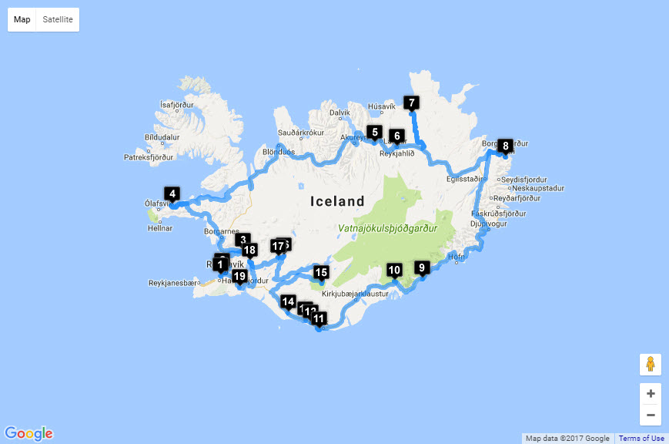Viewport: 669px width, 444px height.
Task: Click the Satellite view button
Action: click(x=58, y=19)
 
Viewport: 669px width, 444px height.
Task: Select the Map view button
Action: click(x=22, y=19)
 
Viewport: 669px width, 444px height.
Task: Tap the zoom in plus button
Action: click(x=651, y=393)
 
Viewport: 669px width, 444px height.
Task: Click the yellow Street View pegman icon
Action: click(x=651, y=364)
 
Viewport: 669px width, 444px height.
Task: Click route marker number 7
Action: click(x=411, y=103)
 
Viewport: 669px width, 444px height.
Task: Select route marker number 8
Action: click(x=505, y=145)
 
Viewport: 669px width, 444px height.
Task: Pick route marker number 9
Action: click(x=421, y=267)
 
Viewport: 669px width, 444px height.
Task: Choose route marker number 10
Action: click(x=394, y=270)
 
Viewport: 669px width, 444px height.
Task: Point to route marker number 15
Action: click(x=322, y=272)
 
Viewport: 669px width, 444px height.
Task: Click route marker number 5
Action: click(x=374, y=132)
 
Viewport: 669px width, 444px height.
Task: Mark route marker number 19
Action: click(x=239, y=277)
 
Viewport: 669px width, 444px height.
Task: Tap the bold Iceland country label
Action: click(x=337, y=202)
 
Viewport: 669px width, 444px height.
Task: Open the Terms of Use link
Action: click(x=641, y=439)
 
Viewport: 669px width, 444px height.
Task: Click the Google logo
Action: click(x=28, y=433)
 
